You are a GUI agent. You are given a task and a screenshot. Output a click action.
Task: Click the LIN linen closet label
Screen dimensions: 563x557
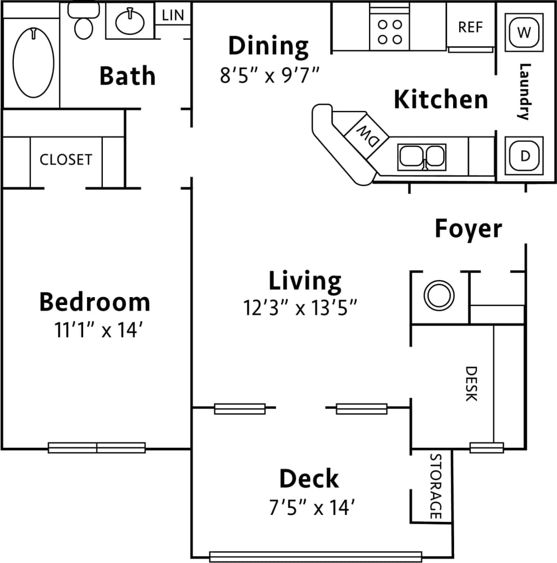pos(173,15)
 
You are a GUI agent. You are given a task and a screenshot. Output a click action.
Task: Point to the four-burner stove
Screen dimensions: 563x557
pos(389,32)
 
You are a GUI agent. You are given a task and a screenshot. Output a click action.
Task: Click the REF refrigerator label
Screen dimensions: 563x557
pos(470,27)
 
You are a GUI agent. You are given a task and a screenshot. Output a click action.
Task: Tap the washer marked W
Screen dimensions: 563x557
pos(524,32)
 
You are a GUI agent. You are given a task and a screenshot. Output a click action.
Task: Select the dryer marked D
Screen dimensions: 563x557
pos(525,156)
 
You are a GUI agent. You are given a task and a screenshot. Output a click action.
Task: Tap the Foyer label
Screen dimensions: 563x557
pos(468,229)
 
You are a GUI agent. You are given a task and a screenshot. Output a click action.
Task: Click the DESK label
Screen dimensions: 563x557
pos(471,384)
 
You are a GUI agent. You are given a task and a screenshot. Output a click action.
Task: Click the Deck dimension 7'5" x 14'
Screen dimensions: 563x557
pos(313,508)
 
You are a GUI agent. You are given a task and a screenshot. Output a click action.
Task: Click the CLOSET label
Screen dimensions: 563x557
pos(66,159)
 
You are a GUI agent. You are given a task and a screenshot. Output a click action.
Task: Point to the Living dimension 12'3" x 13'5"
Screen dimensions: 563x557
pos(300,308)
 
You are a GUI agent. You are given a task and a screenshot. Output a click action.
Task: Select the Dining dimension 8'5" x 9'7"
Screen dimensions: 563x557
pos(270,76)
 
